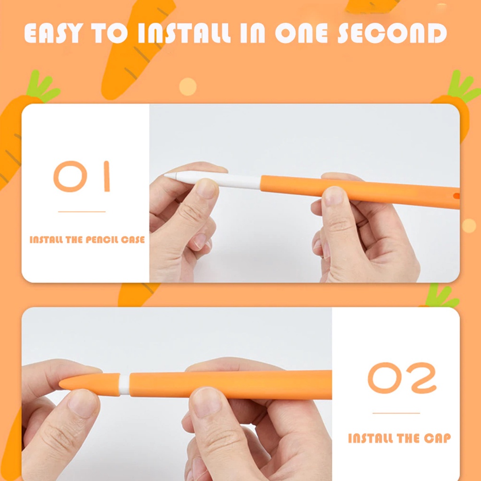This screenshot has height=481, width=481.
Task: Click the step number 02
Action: click(402, 378)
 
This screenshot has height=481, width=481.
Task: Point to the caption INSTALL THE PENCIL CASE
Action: click(87, 240)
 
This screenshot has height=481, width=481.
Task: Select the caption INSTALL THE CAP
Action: click(399, 439)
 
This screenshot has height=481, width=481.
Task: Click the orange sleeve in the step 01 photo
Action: click(357, 190)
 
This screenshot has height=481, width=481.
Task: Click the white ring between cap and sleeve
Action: click(124, 384)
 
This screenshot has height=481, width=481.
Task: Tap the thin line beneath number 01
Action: click(82, 212)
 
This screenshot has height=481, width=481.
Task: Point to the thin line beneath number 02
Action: click(396, 413)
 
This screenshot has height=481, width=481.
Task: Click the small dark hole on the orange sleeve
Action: click(456, 195)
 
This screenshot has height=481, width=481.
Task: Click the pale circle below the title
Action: click(188, 86)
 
